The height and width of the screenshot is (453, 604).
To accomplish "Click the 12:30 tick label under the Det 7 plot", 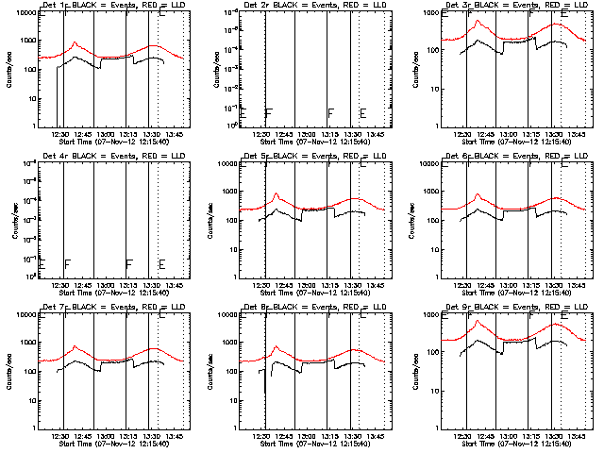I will pos(61,436).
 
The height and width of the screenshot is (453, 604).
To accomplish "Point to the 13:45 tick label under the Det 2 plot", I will pos(376,135).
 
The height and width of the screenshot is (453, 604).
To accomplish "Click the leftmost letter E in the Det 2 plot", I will pos(243,113).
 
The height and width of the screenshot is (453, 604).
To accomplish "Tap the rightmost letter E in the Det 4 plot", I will pos(161,264).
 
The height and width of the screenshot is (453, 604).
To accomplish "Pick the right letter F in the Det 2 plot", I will pos(331,113).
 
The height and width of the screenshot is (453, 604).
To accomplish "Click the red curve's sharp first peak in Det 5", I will pos(277,193).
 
